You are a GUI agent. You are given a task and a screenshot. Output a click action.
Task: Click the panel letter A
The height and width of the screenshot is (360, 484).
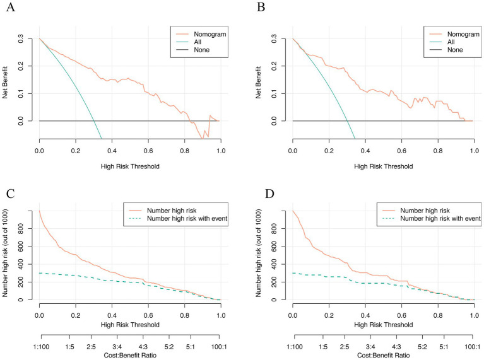11,7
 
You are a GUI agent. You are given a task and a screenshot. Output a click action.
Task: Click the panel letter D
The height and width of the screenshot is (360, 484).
269,194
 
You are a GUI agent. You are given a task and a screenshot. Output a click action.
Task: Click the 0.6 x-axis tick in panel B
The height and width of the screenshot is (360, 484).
401,151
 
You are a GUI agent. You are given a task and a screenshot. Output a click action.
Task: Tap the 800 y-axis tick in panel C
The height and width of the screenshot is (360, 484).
20,229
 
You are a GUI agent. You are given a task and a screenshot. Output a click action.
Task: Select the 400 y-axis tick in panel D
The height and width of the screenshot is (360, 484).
273,264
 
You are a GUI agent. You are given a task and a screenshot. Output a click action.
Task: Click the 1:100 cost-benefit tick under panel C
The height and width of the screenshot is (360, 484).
41,347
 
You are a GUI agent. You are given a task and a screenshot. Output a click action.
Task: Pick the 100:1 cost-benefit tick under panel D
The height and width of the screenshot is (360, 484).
472,347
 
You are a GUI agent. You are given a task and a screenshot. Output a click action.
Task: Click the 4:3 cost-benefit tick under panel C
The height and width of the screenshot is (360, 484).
143,347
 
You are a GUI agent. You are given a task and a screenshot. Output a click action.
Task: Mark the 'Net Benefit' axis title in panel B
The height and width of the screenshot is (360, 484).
258,83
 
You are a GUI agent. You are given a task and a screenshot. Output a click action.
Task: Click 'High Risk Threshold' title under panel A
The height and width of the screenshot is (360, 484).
130,166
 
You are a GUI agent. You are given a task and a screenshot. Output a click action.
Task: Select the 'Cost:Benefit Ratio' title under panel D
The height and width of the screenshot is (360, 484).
384,356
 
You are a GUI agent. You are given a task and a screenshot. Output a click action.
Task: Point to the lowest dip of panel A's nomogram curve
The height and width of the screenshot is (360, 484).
202,139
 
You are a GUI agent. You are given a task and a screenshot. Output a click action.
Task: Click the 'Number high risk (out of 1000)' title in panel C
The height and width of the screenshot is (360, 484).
5,253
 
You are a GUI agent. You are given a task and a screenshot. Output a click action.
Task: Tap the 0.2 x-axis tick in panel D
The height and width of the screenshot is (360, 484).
329,316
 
